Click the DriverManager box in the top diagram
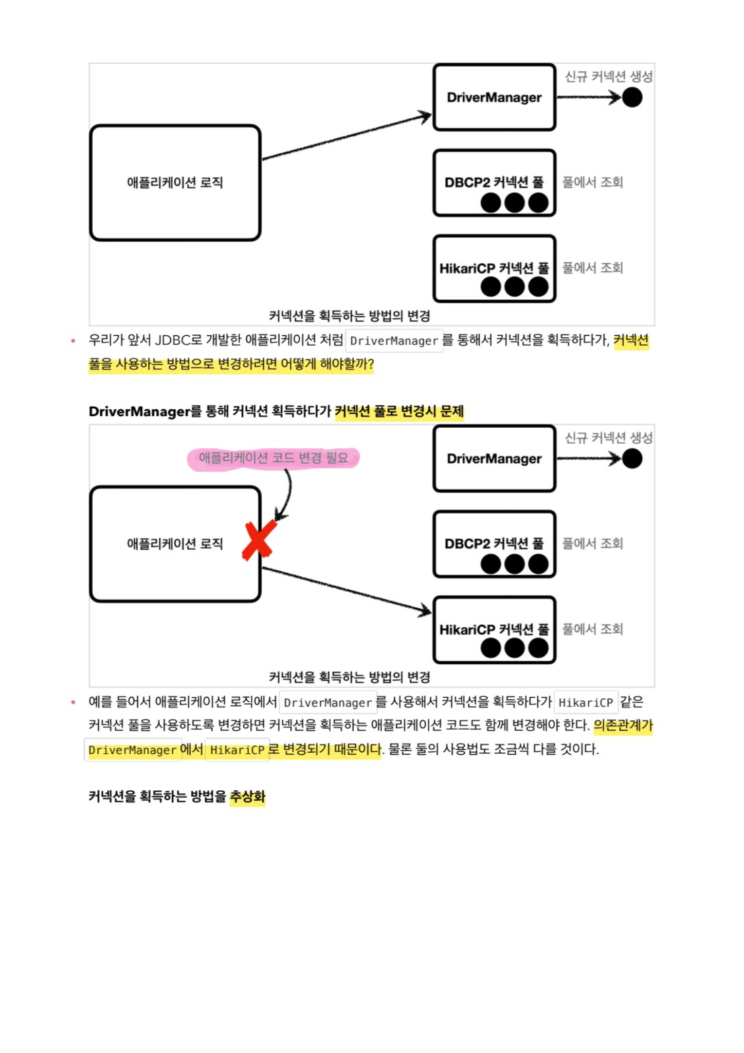494,97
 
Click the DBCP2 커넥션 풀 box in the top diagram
494,183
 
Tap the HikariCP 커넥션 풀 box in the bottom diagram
494,630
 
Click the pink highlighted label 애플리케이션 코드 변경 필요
273,458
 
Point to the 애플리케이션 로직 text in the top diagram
175,183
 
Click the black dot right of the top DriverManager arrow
632,97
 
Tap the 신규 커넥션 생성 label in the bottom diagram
608,438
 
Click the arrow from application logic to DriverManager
347,137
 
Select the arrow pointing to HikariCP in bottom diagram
347,590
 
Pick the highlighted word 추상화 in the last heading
247,796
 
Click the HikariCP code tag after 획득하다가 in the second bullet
586,702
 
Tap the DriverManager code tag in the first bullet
394,341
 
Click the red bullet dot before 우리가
73,340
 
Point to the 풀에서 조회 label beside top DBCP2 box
592,182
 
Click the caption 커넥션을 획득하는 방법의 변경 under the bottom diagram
349,677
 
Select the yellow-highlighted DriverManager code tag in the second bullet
133,750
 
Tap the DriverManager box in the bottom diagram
494,459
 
